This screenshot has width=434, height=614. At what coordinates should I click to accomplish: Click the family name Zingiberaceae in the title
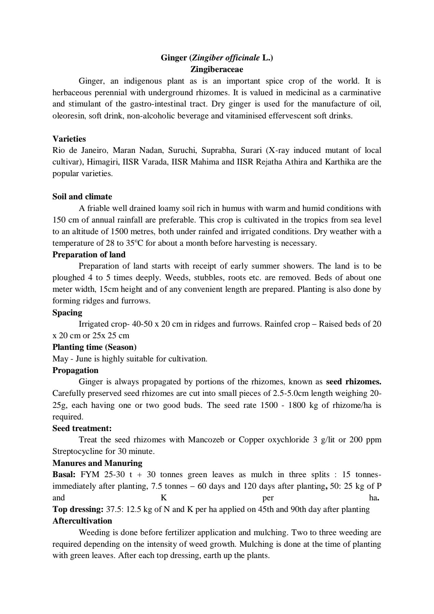click(x=217, y=70)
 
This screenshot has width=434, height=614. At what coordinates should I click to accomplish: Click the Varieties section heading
click(x=69, y=139)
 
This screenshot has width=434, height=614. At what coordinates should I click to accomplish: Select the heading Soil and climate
click(x=82, y=197)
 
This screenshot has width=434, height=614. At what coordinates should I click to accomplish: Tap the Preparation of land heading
click(x=89, y=255)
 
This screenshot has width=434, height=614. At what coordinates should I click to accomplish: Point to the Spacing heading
click(x=67, y=313)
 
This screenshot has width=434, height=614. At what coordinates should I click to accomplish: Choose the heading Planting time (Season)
click(x=94, y=347)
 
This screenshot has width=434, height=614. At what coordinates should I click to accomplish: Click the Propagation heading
click(x=75, y=370)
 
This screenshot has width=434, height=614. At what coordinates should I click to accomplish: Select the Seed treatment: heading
click(x=82, y=428)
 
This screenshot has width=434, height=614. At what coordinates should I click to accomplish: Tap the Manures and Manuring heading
click(x=97, y=463)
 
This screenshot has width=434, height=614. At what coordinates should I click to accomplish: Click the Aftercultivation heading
click(x=82, y=521)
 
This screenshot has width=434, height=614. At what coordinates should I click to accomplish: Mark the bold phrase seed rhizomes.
click(x=353, y=382)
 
